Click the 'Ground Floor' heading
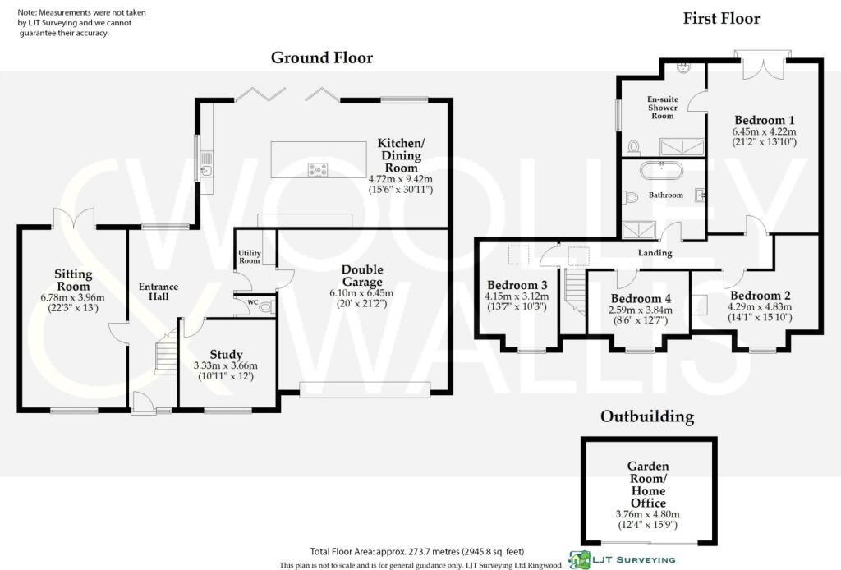(322, 57)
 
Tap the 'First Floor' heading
(721, 19)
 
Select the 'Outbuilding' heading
(646, 416)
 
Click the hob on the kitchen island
(318, 170)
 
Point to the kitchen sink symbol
(207, 171)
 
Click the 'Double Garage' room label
(362, 276)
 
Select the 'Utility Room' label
(249, 255)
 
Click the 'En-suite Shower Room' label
(662, 107)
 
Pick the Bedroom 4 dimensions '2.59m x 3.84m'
(641, 310)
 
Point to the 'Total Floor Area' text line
(416, 551)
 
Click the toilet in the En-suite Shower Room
(633, 148)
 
